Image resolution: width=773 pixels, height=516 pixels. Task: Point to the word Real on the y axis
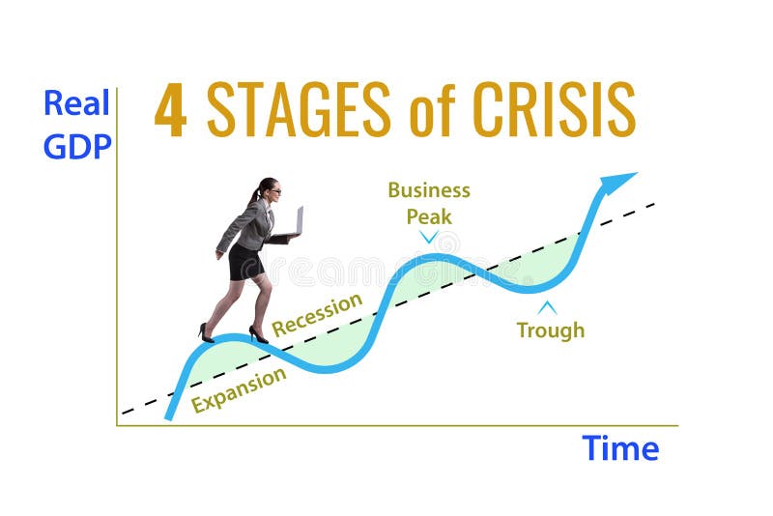click(75, 102)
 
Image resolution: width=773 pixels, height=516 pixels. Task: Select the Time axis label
click(620, 448)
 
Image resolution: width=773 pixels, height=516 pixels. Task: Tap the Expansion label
click(239, 389)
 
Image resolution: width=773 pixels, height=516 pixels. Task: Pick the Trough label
click(550, 330)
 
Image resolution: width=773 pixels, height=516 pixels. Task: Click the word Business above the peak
click(429, 189)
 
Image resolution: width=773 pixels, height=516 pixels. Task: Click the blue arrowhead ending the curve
click(616, 182)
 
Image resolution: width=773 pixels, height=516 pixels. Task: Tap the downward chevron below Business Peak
click(429, 237)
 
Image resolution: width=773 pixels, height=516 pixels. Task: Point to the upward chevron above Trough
click(548, 307)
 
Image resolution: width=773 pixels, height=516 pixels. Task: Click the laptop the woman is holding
click(298, 221)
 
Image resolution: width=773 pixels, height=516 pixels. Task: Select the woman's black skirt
click(245, 262)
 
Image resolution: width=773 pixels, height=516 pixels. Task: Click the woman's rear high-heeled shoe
click(206, 333)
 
